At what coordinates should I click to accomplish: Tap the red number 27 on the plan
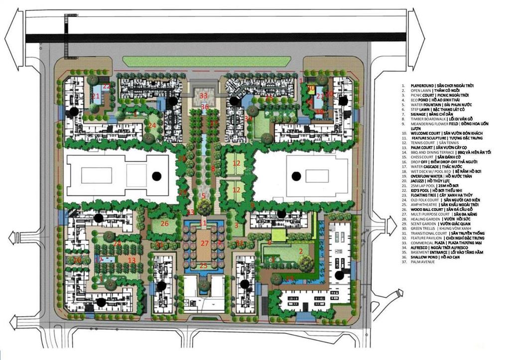click(x=204, y=243)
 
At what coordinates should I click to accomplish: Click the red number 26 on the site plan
click(x=165, y=224)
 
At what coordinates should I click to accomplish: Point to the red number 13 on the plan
click(x=131, y=260)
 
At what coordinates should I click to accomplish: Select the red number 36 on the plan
click(x=204, y=107)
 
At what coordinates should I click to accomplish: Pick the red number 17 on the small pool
click(x=99, y=260)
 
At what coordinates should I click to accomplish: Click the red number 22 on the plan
click(x=106, y=86)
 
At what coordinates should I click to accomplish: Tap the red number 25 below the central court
click(x=203, y=266)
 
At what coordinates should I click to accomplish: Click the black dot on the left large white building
click(x=157, y=175)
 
